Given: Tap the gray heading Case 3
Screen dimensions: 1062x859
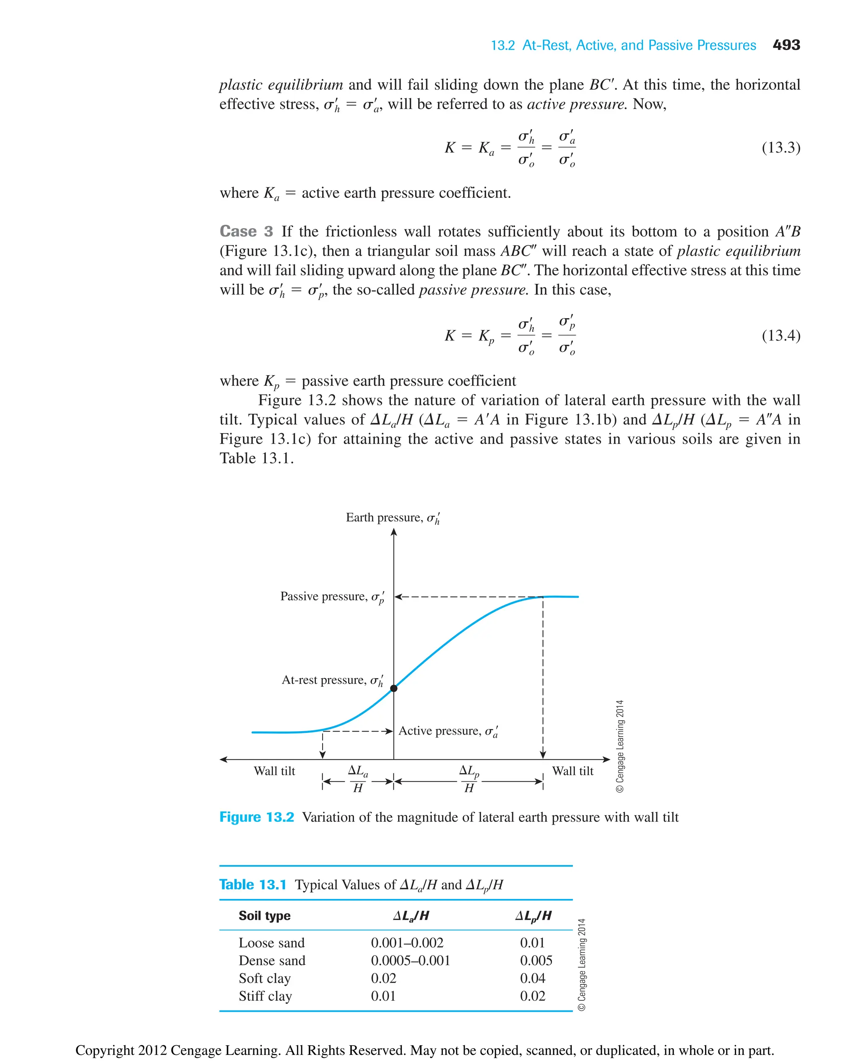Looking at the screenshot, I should pos(246,231).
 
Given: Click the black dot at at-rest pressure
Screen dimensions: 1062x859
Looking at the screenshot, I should pos(394,688).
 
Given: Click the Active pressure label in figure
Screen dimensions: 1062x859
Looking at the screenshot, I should pos(448,731).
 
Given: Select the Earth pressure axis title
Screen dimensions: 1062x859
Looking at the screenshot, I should pos(393,518).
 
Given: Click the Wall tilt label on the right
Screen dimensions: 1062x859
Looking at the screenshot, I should pos(573,771).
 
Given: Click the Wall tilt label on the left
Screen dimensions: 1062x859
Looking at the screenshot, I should pos(274,771).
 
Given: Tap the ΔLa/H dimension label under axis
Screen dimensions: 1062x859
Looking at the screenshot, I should pos(358,779).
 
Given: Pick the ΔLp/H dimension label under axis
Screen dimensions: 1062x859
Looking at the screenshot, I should pos(469,779).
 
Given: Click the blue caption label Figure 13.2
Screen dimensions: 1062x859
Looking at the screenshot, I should pos(256,817).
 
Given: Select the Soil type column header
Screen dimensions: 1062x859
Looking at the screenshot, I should pos(264,916).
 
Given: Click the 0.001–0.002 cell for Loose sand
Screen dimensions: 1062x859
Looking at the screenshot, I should pos(407,943).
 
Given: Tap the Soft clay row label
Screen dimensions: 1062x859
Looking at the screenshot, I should pos(264,979).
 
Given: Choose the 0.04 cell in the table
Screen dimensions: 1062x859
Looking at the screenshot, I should pos(532,979).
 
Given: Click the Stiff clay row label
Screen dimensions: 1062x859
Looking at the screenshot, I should pos(265,996).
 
